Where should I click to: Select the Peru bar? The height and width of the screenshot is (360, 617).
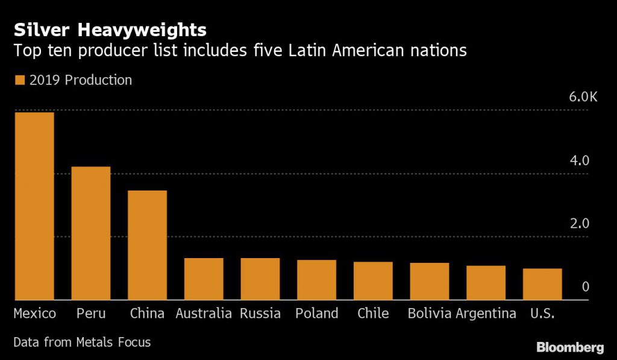90,233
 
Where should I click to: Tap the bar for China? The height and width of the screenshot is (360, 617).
147,245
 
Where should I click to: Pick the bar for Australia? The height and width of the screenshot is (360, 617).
204,279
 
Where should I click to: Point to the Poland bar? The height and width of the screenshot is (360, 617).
316,280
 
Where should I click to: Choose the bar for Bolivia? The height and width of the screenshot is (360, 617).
430,281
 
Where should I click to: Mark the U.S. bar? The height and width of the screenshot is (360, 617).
542,284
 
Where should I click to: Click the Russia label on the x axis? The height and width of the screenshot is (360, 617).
260,314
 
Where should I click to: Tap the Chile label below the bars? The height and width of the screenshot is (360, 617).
373,314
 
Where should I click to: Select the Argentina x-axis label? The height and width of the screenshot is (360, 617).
486,314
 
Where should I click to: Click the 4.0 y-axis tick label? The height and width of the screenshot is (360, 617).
581,161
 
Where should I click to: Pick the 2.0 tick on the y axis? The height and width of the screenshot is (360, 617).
581,224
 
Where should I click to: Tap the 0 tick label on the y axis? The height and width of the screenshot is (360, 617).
585,287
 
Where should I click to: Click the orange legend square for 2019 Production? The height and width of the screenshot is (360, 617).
19,80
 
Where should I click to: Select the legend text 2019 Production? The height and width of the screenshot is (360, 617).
81,80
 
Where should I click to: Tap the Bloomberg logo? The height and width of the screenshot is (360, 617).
570,347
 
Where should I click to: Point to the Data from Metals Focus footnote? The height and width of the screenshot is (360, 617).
82,343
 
